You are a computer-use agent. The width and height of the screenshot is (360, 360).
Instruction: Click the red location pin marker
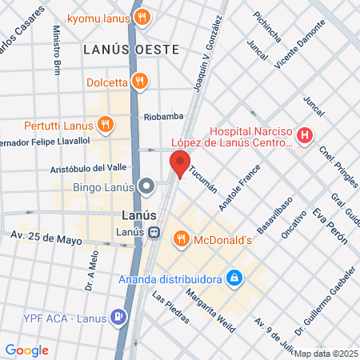tap(179, 166)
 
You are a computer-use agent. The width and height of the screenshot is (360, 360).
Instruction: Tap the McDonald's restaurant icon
tap(182, 238)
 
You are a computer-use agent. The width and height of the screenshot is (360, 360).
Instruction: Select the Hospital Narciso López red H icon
tap(304, 137)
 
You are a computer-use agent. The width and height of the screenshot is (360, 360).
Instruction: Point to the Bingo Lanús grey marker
tap(146, 187)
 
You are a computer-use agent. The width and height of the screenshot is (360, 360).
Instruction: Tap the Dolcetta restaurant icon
tap(139, 80)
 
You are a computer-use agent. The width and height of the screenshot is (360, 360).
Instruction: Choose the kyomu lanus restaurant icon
tap(142, 18)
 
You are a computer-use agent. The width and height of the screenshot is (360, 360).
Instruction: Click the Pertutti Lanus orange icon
tap(104, 124)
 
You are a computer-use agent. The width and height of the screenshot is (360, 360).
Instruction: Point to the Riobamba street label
tap(163, 117)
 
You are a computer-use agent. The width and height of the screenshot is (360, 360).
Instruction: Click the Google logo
tap(27, 350)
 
